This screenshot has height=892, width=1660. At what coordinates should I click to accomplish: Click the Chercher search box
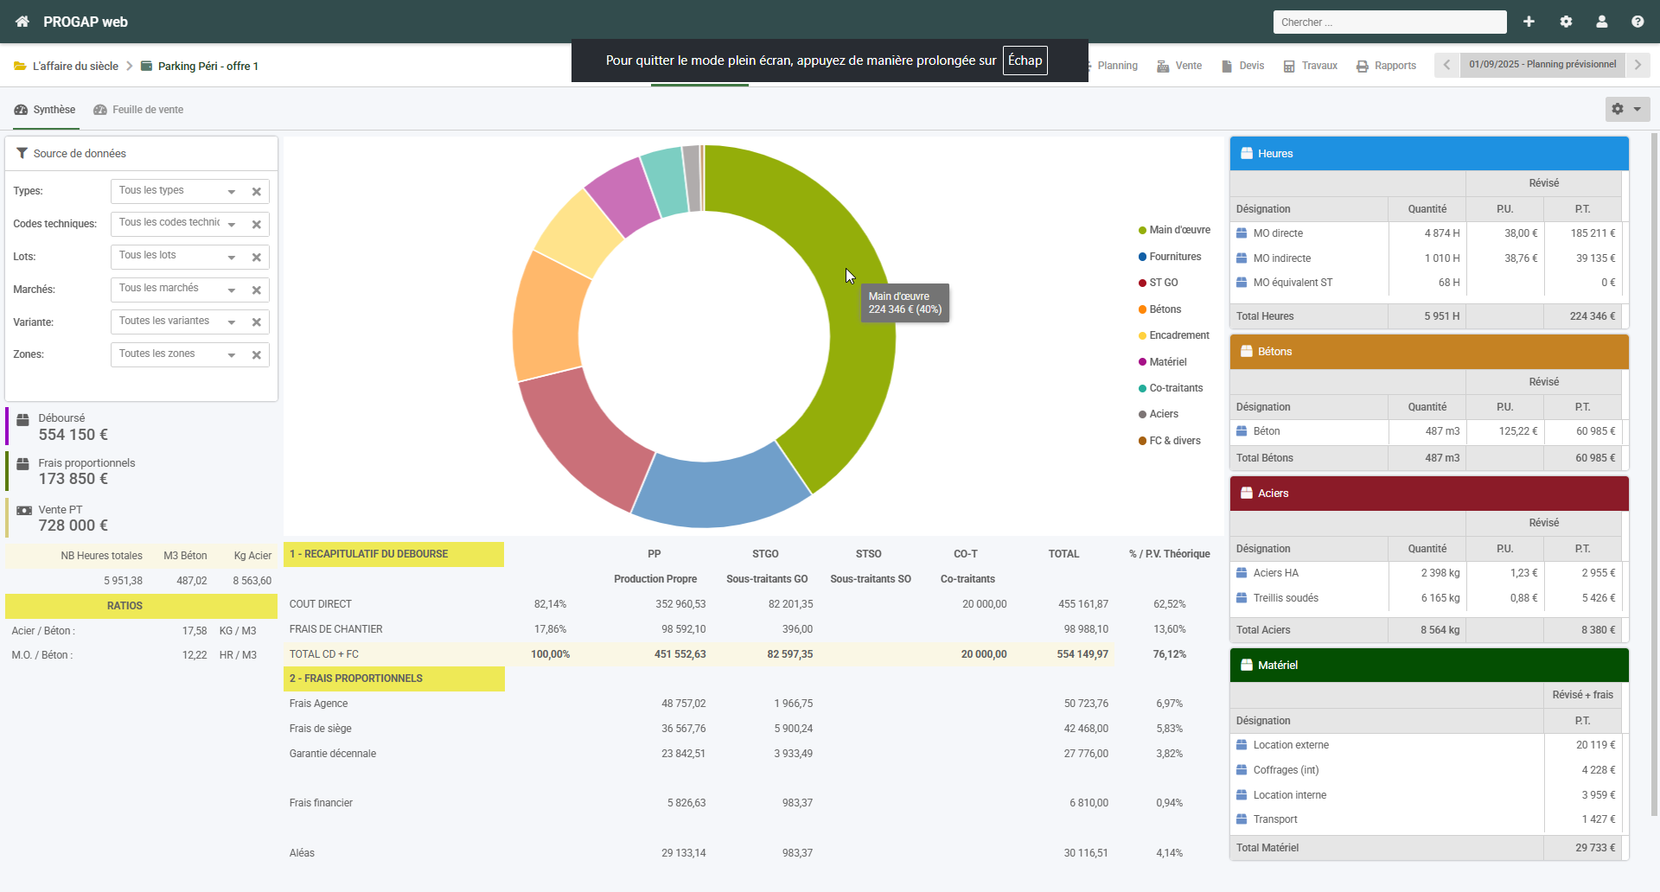pyautogui.click(x=1389, y=22)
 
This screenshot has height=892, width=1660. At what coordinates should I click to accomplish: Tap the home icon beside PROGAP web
pyautogui.click(x=22, y=22)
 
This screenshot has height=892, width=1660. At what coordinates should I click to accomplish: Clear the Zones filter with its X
pyautogui.click(x=257, y=355)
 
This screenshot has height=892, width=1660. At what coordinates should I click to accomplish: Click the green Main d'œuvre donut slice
pyautogui.click(x=830, y=259)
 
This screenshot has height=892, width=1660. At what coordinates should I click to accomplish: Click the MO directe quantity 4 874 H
pyautogui.click(x=1442, y=233)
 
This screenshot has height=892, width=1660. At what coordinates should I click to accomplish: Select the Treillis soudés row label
pyautogui.click(x=1286, y=598)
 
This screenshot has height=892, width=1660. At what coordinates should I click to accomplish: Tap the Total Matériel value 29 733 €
pyautogui.click(x=1595, y=848)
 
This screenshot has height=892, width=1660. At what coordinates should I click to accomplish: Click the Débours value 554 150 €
pyautogui.click(x=73, y=435)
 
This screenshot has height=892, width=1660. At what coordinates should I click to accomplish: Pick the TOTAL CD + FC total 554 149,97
pyautogui.click(x=1082, y=654)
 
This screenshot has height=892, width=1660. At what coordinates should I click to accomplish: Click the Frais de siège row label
pyautogui.click(x=321, y=729)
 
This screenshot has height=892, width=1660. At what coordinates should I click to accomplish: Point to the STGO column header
pyautogui.click(x=765, y=554)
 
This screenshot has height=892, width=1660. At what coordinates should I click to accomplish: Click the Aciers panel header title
pyautogui.click(x=1274, y=494)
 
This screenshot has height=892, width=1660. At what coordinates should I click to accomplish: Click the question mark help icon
pyautogui.click(x=1638, y=22)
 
